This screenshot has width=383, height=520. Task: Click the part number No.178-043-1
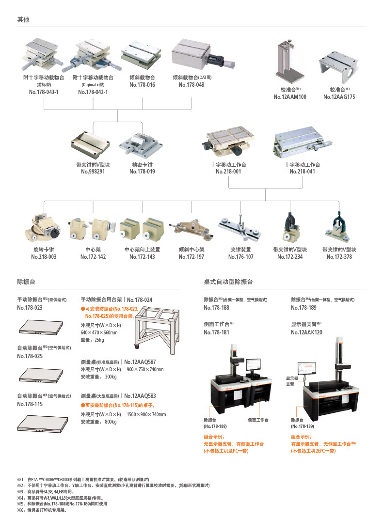click(44, 92)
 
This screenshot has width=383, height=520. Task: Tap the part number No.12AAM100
click(290, 97)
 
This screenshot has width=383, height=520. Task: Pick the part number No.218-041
click(302, 172)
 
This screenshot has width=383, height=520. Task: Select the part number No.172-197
click(191, 257)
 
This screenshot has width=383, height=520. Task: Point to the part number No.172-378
click(339, 257)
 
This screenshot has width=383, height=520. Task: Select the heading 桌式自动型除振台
click(228, 282)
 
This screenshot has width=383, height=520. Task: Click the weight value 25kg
click(99, 340)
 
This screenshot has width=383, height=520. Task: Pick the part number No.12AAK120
click(306, 332)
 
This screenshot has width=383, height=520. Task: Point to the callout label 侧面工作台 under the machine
click(258, 420)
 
